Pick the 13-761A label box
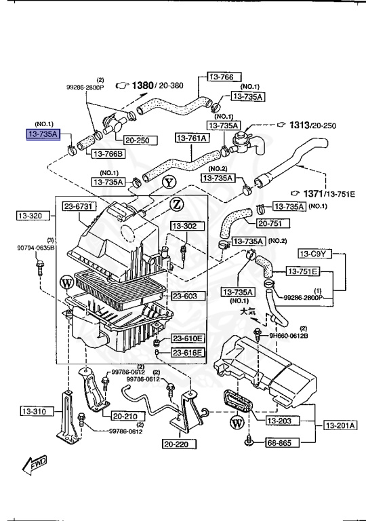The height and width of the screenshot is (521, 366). [x=192, y=138]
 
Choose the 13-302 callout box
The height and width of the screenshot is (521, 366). [x=184, y=225]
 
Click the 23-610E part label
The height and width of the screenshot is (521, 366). [x=186, y=339]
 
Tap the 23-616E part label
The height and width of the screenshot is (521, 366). [x=186, y=353]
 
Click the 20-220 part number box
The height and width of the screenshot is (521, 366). [x=179, y=444]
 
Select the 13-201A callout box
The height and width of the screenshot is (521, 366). [x=340, y=425]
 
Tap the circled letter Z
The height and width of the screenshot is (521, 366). [x=176, y=204]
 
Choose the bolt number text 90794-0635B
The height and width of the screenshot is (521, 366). [x=36, y=248]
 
